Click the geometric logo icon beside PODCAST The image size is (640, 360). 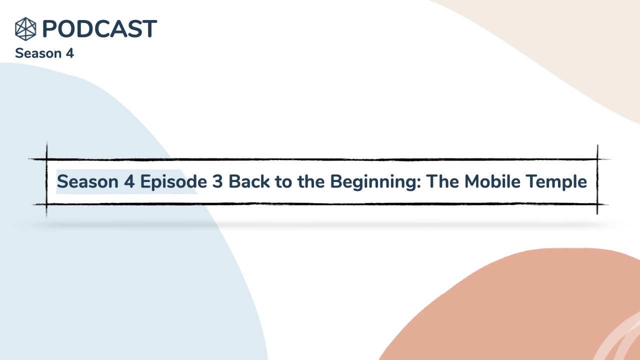click(25, 29)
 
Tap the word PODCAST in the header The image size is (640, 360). click(99, 29)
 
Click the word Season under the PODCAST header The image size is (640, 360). click(38, 53)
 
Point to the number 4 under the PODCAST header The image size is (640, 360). click(70, 53)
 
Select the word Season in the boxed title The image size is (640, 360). click(87, 181)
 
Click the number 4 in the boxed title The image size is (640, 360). click(129, 181)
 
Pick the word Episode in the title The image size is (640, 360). click(173, 182)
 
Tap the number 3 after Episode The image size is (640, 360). click(217, 181)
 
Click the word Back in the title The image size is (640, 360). click(249, 181)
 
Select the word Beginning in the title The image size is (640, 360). click(373, 182)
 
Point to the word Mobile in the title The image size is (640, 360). click(492, 181)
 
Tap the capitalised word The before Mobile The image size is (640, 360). click(442, 181)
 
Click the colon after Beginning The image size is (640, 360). click(419, 183)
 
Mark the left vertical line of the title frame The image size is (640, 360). click(46, 179)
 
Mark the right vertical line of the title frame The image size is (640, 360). click(597, 179)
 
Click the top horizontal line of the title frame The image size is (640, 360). click(320, 159)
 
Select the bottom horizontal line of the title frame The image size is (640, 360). click(320, 204)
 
